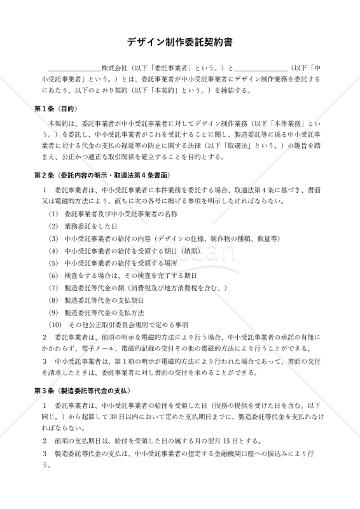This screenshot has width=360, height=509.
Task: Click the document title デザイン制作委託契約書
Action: click(180, 43)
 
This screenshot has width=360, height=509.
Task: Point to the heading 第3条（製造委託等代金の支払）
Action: click(83, 389)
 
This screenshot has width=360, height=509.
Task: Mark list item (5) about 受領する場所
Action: click(114, 263)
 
